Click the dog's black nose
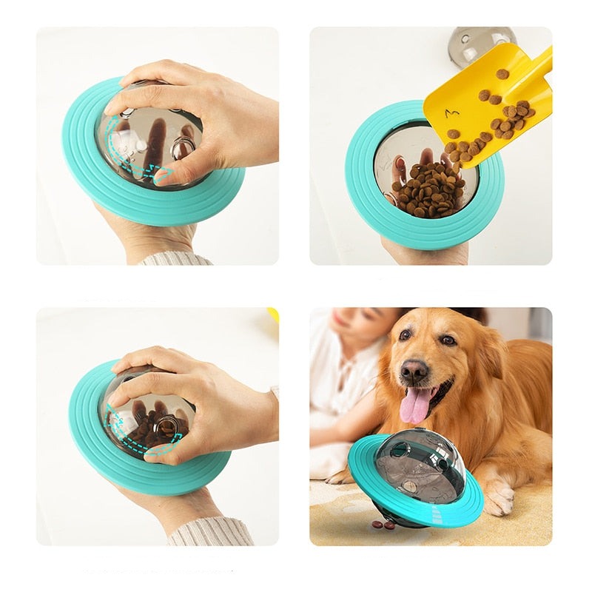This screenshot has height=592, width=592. point(414,369)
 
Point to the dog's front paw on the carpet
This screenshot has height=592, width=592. point(499,497)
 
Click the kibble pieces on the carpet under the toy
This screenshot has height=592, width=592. point(383,525)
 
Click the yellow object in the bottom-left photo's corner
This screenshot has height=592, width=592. point(274,314)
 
